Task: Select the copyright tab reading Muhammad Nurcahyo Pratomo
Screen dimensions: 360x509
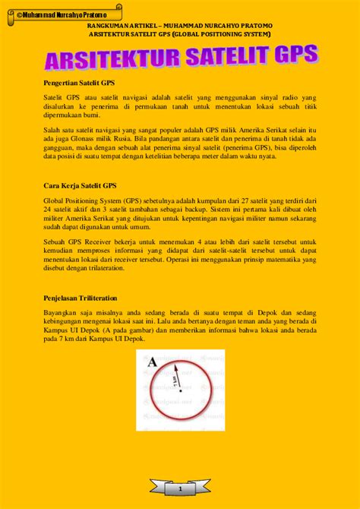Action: pyautogui.click(x=53, y=14)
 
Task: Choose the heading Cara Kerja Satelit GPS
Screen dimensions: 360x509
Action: pyautogui.click(x=80, y=185)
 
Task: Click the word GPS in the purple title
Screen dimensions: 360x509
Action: pyautogui.click(x=292, y=56)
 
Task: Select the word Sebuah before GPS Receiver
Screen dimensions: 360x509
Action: pyautogui.click(x=54, y=241)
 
